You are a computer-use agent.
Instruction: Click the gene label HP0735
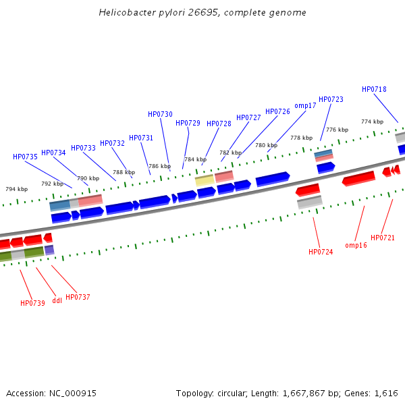[25, 157]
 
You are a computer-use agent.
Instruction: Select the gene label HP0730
[160, 114]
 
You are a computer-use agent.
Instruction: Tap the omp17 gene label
[305, 105]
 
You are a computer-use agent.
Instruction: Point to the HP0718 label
[374, 89]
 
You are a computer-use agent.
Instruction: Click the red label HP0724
[321, 252]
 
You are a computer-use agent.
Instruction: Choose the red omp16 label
[356, 245]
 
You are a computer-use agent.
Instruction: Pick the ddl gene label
[57, 300]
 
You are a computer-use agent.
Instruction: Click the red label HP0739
[32, 303]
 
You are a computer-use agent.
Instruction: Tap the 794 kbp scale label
[16, 190]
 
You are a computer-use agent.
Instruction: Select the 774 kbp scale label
[372, 122]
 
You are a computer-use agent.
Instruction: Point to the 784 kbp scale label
[195, 160]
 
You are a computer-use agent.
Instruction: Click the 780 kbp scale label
[266, 145]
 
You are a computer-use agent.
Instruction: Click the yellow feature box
[204, 180]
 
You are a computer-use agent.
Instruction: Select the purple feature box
[49, 250]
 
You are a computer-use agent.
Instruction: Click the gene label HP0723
[331, 99]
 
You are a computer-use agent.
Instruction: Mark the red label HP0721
[383, 238]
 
